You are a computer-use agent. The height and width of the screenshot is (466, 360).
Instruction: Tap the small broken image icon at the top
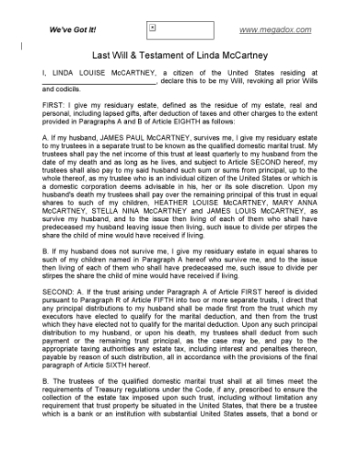pyautogui.click(x=153, y=28)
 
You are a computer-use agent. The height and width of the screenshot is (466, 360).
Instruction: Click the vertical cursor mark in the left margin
pyautogui.click(x=23, y=44)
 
